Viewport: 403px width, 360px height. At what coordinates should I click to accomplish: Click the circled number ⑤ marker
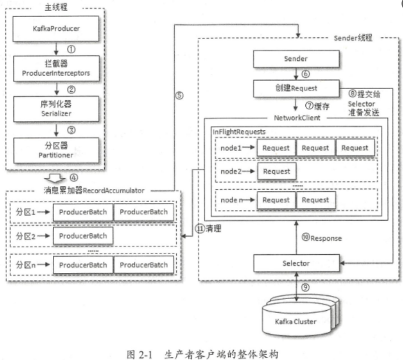click(179, 95)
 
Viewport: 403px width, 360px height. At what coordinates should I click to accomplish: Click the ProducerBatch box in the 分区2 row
click(83, 236)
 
